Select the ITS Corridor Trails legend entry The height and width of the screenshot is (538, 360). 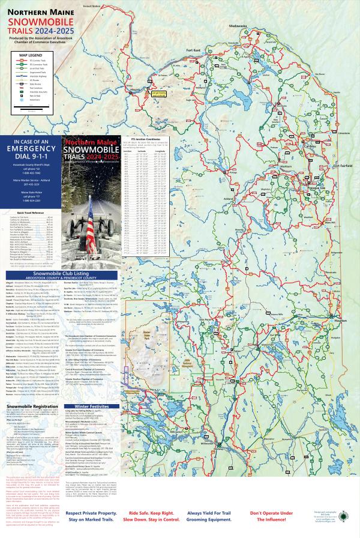click(37, 61)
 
